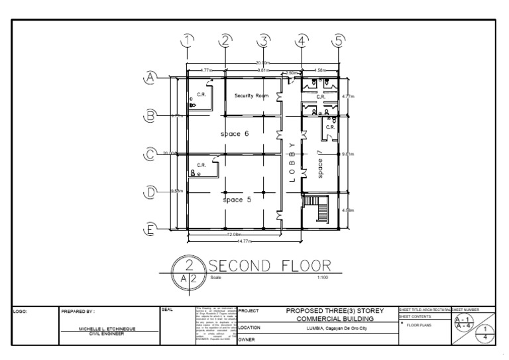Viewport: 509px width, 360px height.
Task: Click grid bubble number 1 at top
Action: (x=188, y=40)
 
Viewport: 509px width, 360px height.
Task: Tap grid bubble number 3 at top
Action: (x=264, y=40)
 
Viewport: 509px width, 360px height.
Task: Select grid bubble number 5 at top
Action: (x=339, y=40)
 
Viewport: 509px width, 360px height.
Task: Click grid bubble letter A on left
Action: (x=151, y=78)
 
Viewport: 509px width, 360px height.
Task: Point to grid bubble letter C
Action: (x=151, y=154)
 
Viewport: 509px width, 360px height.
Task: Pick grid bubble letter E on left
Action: (x=151, y=231)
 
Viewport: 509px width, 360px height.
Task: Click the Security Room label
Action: (x=252, y=96)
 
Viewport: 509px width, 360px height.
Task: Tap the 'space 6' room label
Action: (x=235, y=134)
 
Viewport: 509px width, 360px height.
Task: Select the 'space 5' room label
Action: (x=237, y=199)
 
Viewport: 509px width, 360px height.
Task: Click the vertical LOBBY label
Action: (x=291, y=160)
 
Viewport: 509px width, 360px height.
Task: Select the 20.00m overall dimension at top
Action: (x=263, y=64)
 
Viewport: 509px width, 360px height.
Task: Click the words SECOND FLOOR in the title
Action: (x=270, y=265)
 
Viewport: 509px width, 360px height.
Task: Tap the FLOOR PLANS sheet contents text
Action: (x=421, y=326)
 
